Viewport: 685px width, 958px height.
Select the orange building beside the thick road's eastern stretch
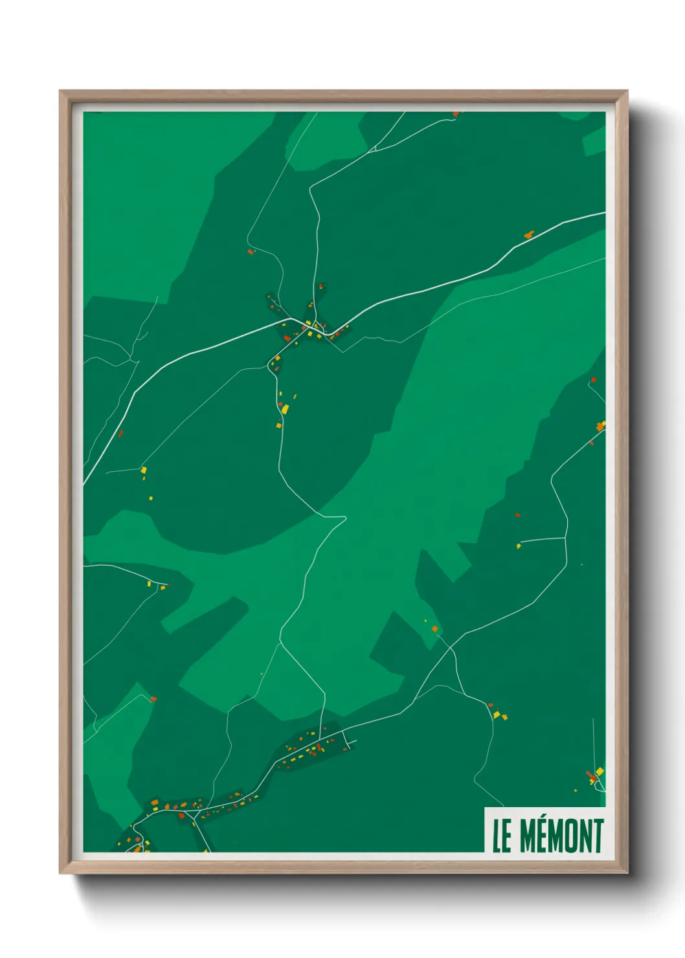528,234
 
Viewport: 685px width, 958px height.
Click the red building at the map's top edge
456,114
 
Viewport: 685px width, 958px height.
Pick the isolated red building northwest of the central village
250,252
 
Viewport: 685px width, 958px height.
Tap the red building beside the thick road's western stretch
120,433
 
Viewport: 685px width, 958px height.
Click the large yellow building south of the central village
284,409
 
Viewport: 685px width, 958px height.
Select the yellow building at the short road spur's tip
519,546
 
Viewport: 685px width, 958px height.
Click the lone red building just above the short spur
517,515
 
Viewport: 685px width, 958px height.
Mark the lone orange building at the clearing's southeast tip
434,628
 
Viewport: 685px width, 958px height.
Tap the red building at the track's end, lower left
153,699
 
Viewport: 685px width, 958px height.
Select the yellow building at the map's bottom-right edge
600,772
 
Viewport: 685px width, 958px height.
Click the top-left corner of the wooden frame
61,92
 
